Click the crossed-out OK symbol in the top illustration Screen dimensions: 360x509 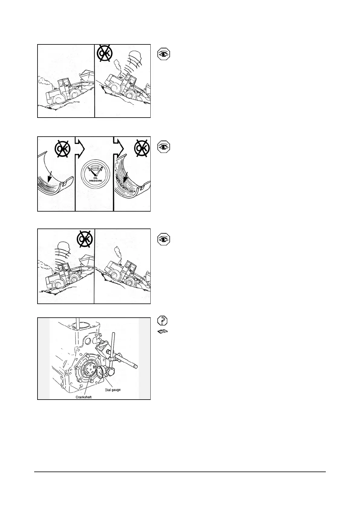[106, 53]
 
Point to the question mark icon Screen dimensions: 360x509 [163, 320]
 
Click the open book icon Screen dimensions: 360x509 [162, 332]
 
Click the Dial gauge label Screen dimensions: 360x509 [113, 390]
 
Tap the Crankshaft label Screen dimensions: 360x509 [83, 397]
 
